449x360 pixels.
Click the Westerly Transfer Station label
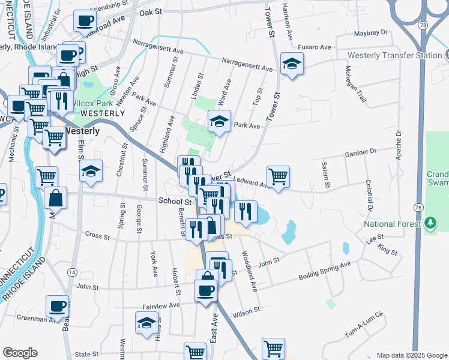click(394, 55)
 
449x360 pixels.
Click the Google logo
click(20, 353)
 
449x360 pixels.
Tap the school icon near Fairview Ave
click(146, 323)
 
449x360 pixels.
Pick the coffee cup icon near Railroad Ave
click(85, 20)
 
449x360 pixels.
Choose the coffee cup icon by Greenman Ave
click(57, 305)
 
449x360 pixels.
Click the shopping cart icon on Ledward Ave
click(278, 176)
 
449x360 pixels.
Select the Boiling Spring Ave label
click(325, 271)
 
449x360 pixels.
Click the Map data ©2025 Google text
click(412, 355)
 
